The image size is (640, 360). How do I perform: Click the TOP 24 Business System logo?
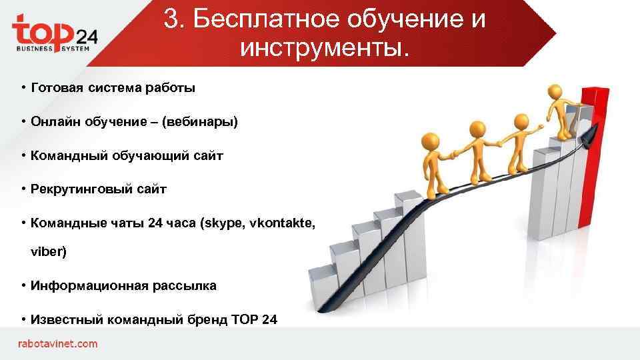coord(55,34)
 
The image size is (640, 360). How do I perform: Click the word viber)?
coord(49,253)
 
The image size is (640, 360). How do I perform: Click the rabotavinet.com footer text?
coord(57,344)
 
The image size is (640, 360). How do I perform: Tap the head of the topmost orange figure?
coord(555,91)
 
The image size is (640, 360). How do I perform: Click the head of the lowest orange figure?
coord(431,143)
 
